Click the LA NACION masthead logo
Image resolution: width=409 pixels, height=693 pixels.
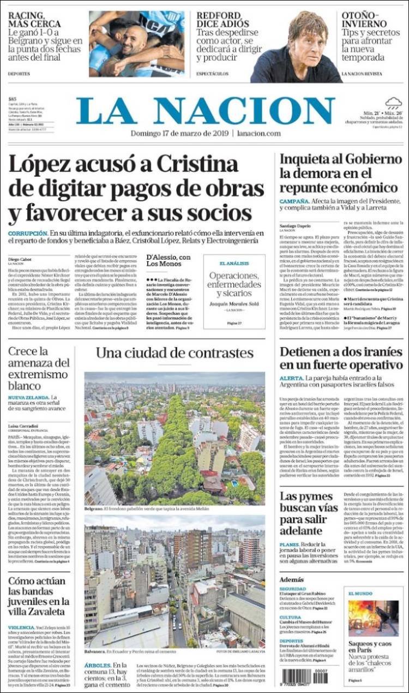tap(204, 111)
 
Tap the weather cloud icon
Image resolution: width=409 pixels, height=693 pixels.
tap(393, 103)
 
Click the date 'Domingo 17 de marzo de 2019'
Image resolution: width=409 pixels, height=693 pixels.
tap(179, 134)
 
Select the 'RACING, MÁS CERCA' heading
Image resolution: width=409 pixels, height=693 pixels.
tap(34, 19)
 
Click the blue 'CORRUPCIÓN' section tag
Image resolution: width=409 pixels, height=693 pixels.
tap(26, 233)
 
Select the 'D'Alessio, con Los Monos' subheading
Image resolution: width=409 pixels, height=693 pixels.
tap(169, 261)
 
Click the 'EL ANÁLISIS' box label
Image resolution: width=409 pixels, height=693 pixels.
tap(234, 263)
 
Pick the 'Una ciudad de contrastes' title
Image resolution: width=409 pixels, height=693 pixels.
tap(175, 353)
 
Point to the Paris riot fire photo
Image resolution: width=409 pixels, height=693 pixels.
tap(374, 618)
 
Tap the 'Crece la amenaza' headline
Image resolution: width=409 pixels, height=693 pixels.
tap(38, 368)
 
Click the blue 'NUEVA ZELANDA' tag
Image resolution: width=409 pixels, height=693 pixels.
tap(27, 398)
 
